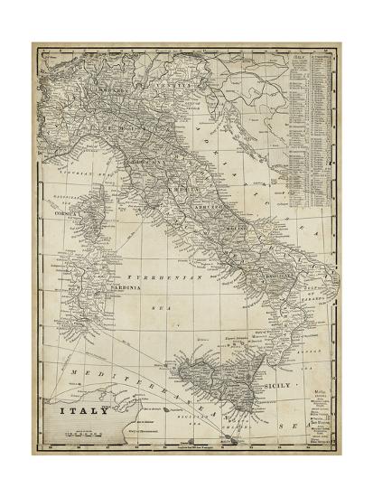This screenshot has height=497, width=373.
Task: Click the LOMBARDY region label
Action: click(x=105, y=92)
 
